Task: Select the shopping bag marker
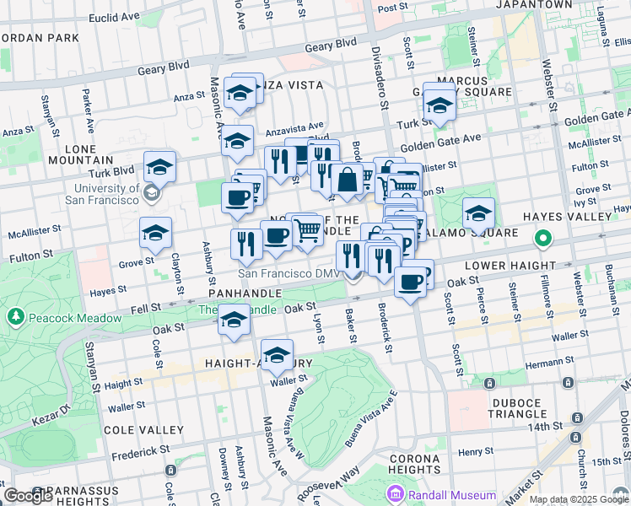[347, 179]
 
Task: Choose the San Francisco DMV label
[290, 273]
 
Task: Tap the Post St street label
[391, 8]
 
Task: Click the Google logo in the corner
[28, 495]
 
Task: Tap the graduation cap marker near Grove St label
[155, 233]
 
